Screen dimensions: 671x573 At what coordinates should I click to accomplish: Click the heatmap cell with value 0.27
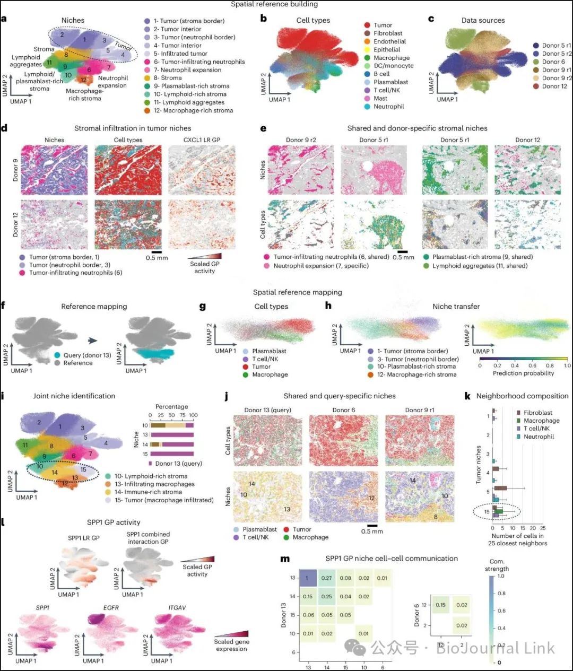[326, 578]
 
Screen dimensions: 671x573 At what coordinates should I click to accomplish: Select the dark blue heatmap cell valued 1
[306, 578]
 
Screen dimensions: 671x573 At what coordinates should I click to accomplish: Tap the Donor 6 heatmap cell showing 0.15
[440, 605]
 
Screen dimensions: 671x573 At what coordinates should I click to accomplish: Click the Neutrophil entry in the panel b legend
[388, 107]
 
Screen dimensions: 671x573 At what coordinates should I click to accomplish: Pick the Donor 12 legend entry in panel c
[554, 86]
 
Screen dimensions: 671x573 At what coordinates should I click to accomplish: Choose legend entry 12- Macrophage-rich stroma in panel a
[193, 110]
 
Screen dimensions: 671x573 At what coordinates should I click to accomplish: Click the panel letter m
[285, 559]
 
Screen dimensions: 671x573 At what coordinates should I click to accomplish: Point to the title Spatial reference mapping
[297, 292]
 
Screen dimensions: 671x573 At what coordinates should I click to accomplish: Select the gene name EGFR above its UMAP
[111, 607]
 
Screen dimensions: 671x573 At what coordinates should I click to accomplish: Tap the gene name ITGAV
[177, 607]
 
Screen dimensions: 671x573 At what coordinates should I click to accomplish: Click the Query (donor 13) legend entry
[87, 355]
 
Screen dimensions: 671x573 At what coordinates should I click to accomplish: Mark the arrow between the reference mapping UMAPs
[92, 341]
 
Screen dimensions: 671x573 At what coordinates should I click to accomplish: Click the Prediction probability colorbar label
[523, 373]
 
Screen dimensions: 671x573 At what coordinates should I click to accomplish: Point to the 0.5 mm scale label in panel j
[372, 531]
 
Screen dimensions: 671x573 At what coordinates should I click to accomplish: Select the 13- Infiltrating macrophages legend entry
[154, 484]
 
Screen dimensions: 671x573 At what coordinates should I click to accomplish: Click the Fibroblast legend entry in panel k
[537, 413]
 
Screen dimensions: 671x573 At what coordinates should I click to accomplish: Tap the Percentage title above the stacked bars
[171, 407]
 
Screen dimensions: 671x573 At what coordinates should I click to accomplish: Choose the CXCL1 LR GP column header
[201, 140]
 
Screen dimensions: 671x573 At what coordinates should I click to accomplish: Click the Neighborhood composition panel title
[522, 396]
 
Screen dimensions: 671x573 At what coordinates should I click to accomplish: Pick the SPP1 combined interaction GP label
[148, 538]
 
